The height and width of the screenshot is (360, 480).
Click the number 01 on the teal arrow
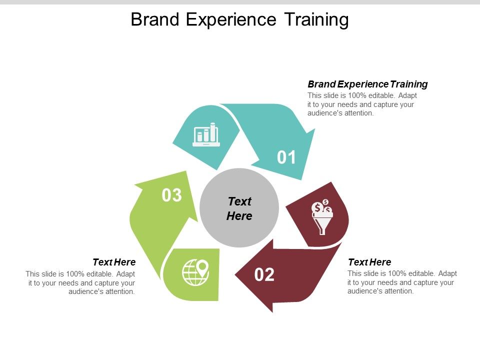point(287,157)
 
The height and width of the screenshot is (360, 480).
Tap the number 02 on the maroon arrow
point(264,274)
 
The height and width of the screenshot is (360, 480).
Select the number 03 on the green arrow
point(171,195)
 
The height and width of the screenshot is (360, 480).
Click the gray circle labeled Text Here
point(239,208)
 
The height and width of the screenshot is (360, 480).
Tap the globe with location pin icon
point(195,273)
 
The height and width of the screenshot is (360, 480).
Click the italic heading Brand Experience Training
point(367,84)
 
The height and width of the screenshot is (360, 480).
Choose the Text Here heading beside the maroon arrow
point(369,262)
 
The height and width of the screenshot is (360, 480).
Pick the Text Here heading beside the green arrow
point(114,262)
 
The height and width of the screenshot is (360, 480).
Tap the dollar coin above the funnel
point(317,207)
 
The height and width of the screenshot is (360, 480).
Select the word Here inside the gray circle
point(239,216)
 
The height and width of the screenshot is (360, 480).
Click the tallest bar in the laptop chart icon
point(213,131)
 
